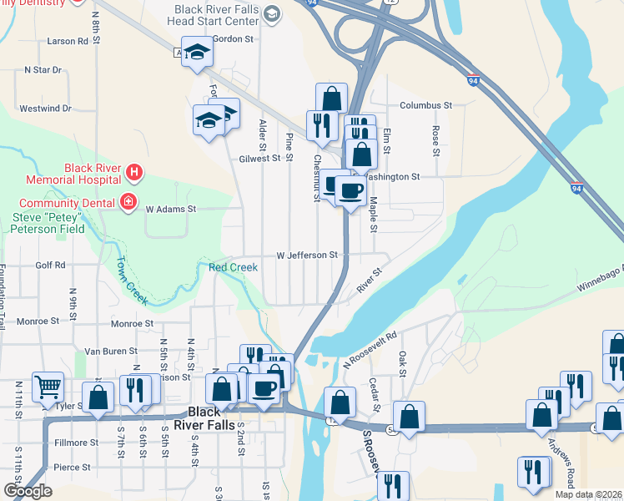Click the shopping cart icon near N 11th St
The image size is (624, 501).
pyautogui.click(x=48, y=386)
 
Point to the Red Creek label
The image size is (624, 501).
pyautogui.click(x=233, y=267)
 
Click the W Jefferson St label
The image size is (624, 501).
pyautogui.click(x=306, y=255)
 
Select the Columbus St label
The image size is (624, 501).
pyautogui.click(x=425, y=106)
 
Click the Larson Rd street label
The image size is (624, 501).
pyautogui.click(x=68, y=41)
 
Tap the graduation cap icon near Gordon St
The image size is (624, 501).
pyautogui.click(x=197, y=53)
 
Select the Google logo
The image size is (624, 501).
pyautogui.click(x=28, y=491)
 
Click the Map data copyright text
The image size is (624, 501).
pyautogui.click(x=588, y=494)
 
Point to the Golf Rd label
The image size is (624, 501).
pyautogui.click(x=50, y=265)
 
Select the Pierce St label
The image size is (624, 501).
pyautogui.click(x=70, y=468)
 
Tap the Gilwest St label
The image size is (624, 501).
pyautogui.click(x=259, y=159)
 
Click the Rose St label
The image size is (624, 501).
pyautogui.click(x=435, y=141)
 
